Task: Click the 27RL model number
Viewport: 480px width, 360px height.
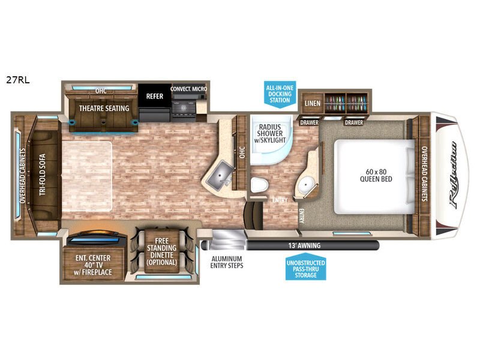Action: pos(18,80)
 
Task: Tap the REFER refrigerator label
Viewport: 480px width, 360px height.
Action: pos(155,96)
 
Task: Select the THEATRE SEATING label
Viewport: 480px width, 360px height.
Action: pos(104,109)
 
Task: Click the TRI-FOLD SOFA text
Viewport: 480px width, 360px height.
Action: pos(42,175)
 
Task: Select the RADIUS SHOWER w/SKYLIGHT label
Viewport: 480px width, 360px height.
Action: pos(269,133)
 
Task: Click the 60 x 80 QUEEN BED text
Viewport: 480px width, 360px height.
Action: pos(376,175)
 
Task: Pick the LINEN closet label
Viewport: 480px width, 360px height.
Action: pos(313,103)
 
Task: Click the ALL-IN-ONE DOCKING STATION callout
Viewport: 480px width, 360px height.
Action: pos(280,94)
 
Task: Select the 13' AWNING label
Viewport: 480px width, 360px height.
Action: pos(304,245)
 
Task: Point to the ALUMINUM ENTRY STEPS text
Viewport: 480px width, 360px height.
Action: pos(227,262)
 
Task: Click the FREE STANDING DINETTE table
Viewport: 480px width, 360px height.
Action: pos(161,251)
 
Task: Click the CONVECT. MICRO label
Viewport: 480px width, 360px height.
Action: pos(188,89)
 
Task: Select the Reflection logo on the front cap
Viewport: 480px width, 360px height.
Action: pos(454,175)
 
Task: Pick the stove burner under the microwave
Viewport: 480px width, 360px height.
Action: pos(183,107)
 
